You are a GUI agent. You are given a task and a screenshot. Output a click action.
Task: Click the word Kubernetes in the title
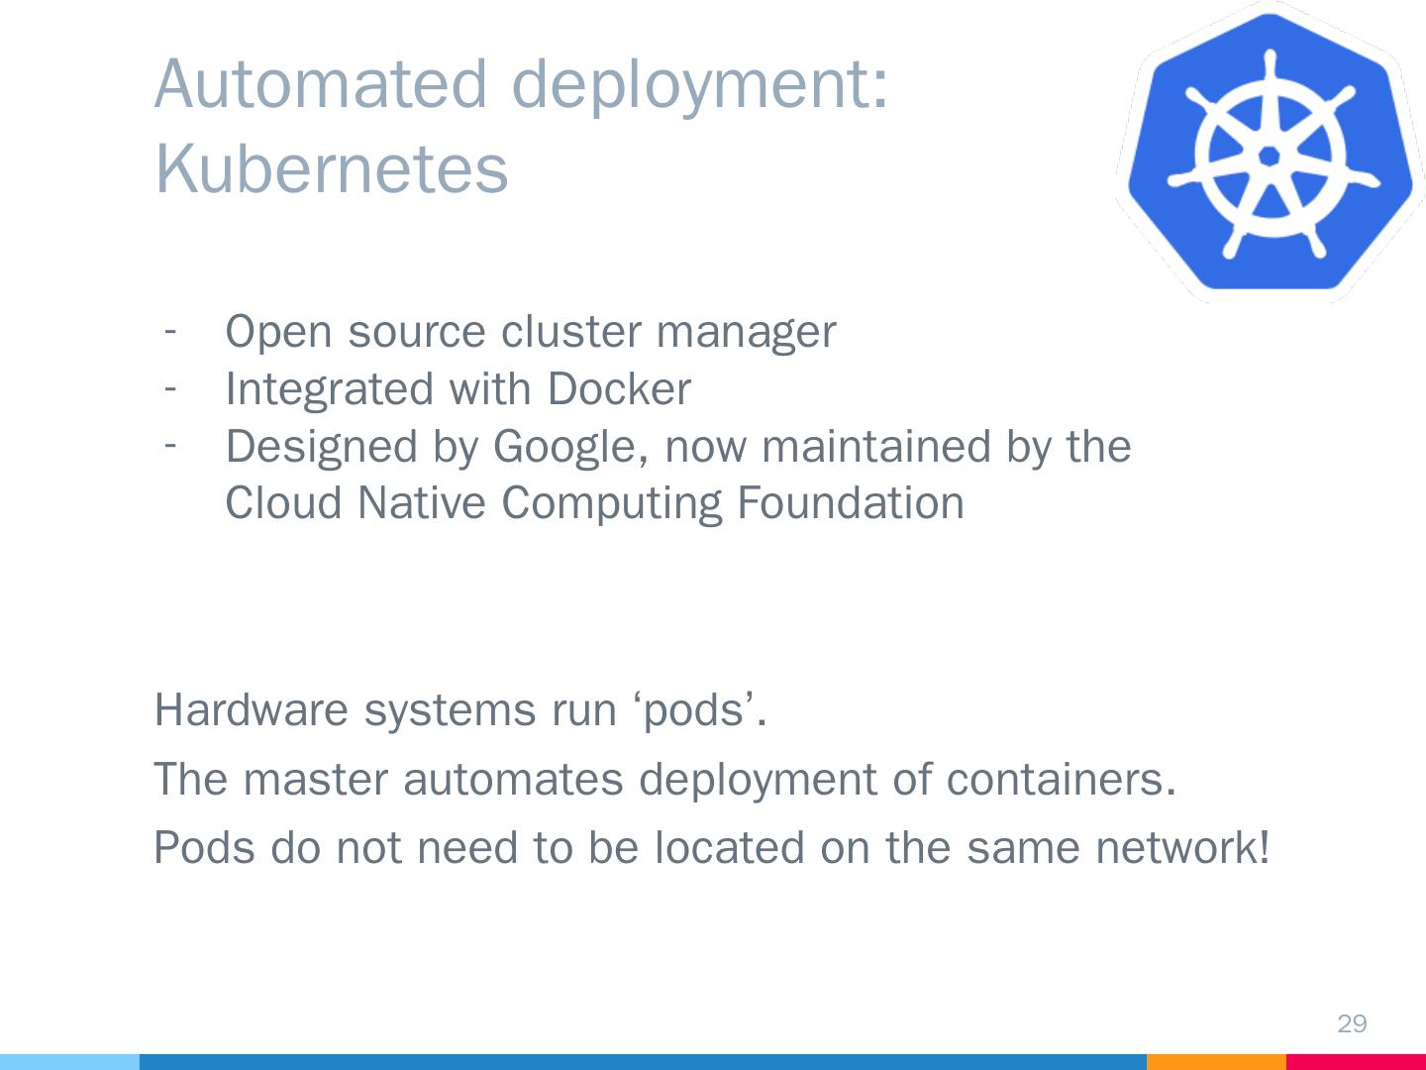[332, 168]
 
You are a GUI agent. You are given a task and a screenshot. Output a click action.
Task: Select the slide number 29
[1352, 1023]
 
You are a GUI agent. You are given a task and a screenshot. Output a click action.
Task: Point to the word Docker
[618, 388]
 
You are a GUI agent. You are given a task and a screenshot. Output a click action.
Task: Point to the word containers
[1061, 780]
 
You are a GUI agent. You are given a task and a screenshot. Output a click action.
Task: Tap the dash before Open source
[171, 328]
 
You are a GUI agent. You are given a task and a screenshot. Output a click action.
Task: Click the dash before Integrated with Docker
[171, 386]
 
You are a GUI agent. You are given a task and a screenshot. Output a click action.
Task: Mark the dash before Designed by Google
[171, 444]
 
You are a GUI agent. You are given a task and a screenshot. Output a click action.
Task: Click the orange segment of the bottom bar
[1216, 1061]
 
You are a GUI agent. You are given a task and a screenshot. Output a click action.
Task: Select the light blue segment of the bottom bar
[69, 1061]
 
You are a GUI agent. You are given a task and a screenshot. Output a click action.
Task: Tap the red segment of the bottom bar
[1356, 1061]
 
